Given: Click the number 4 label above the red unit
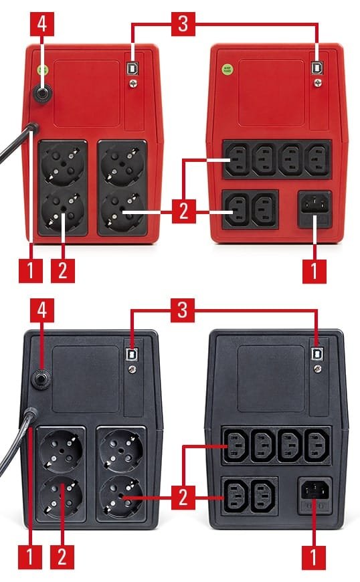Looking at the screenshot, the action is tap(42, 24).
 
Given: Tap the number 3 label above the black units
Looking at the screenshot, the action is tap(183, 310).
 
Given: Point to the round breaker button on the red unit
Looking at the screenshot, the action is tap(42, 93).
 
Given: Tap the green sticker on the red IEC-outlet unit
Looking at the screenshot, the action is tap(227, 69).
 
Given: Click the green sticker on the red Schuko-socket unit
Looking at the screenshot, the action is tap(43, 70).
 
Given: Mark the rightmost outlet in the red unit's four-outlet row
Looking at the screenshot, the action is tap(318, 160).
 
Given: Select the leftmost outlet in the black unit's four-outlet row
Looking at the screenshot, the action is tap(236, 446).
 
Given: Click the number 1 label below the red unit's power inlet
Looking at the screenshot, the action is tap(314, 271).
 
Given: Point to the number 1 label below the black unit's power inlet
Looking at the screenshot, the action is tap(314, 557).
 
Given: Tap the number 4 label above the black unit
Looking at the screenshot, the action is tap(42, 310).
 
